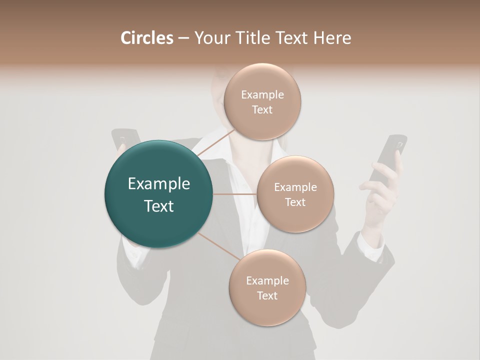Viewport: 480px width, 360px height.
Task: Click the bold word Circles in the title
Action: click(x=146, y=38)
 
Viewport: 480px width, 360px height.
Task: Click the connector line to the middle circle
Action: click(x=235, y=194)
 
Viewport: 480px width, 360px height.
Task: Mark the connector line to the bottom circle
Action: click(x=218, y=246)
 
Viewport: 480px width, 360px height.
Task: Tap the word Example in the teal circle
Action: click(x=159, y=184)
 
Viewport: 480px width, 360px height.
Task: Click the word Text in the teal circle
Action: click(x=159, y=206)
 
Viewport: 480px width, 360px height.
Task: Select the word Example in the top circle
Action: click(x=262, y=95)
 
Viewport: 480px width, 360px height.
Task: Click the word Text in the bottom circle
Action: click(x=267, y=295)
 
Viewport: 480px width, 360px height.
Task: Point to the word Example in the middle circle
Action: click(x=295, y=187)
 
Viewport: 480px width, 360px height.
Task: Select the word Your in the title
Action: click(x=210, y=38)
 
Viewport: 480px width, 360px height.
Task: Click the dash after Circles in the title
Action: click(x=183, y=38)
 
